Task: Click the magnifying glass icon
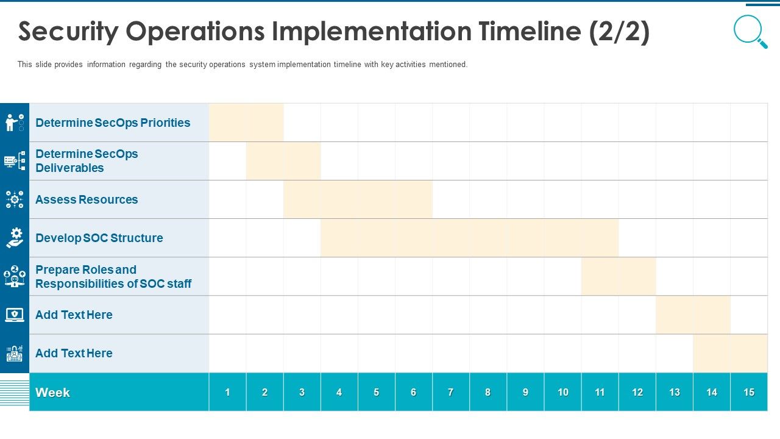pos(750,31)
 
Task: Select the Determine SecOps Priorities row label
pos(113,123)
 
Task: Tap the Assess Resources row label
pos(87,199)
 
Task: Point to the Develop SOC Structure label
pos(99,238)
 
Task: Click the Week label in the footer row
pos(52,393)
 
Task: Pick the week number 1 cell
pos(227,393)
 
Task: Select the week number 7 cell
pos(450,393)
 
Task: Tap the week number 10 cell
pos(562,393)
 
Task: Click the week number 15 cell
pos(749,393)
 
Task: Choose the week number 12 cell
pos(637,393)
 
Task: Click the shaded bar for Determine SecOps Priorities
pos(246,123)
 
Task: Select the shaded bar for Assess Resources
pos(358,199)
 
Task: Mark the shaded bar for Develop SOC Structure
pos(469,238)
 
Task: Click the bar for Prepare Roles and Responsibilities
pos(619,276)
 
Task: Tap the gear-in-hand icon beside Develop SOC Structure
pos(15,238)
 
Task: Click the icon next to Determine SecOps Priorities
pos(15,123)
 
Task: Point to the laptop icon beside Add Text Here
pos(15,315)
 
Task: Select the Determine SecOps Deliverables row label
pos(87,161)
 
